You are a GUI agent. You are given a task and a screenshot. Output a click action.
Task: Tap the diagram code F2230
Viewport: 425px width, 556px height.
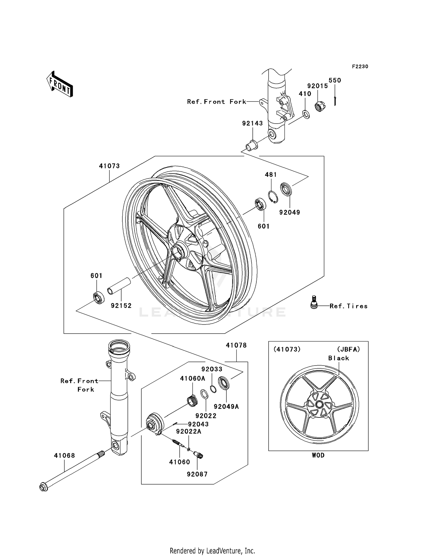pyautogui.click(x=360, y=67)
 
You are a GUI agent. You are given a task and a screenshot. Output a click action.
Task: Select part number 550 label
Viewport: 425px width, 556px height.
pyautogui.click(x=335, y=80)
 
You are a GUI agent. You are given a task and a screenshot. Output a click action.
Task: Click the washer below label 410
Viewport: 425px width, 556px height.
pyautogui.click(x=306, y=114)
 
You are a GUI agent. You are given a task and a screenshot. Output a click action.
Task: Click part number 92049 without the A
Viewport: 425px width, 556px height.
pyautogui.click(x=289, y=212)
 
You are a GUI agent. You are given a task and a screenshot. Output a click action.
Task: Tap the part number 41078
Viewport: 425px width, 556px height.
pyautogui.click(x=236, y=345)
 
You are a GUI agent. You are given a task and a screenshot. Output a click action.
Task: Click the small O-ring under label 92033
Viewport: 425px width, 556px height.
pyautogui.click(x=213, y=389)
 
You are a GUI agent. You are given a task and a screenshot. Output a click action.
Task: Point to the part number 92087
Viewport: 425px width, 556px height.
pyautogui.click(x=197, y=474)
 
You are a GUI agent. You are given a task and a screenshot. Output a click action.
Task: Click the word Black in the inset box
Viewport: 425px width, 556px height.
pyautogui.click(x=339, y=358)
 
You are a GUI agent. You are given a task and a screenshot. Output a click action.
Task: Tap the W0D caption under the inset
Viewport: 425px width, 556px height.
pyautogui.click(x=318, y=455)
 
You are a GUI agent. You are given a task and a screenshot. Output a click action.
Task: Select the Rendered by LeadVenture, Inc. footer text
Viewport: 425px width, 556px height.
pyautogui.click(x=212, y=551)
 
